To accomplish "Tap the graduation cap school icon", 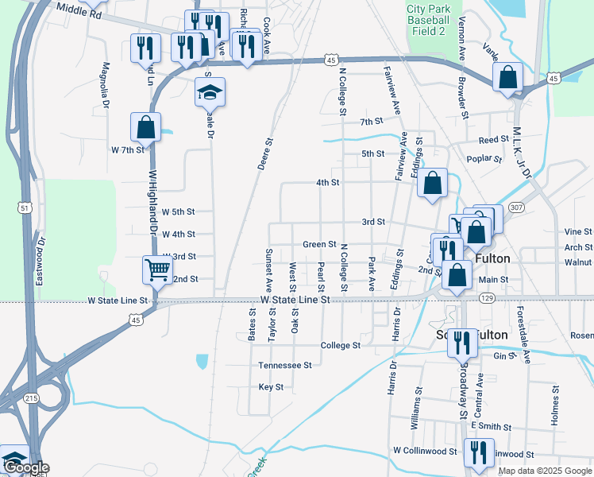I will click(210, 93).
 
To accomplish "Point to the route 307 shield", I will click(517, 207).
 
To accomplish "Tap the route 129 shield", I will click(487, 297).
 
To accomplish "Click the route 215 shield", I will click(31, 397).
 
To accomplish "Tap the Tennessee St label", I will click(284, 365).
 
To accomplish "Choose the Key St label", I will click(271, 387).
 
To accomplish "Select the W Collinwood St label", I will click(425, 451).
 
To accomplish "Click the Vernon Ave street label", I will click(461, 40).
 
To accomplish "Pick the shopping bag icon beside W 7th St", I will click(146, 126).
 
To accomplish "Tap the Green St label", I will click(320, 244).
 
